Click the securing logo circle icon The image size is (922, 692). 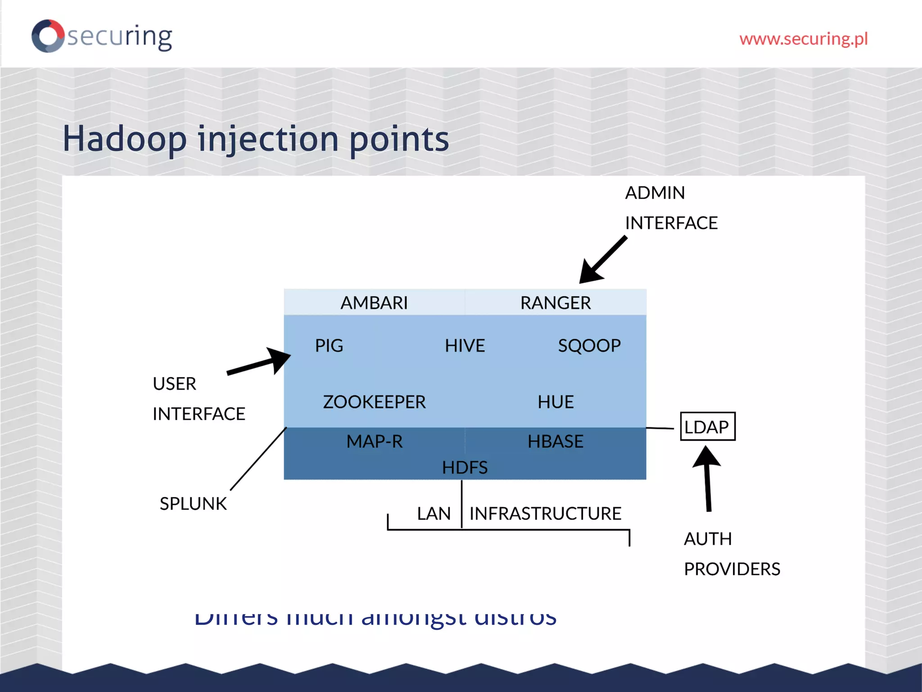click(48, 36)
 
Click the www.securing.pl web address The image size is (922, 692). click(803, 39)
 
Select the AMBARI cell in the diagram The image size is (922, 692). click(374, 303)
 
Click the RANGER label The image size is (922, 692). click(555, 303)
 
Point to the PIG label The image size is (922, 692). click(329, 346)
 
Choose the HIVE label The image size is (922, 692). click(465, 346)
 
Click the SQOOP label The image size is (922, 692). click(589, 346)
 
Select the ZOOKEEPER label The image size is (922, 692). click(374, 401)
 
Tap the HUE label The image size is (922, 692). click(555, 401)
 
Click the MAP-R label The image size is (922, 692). click(374, 441)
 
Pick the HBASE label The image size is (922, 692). click(555, 441)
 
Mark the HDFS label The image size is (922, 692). click(465, 467)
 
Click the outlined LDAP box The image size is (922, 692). click(707, 426)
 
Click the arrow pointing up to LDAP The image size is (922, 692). click(707, 478)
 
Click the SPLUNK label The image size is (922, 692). click(193, 503)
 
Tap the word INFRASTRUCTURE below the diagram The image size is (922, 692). click(545, 513)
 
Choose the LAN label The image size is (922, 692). click(433, 513)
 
